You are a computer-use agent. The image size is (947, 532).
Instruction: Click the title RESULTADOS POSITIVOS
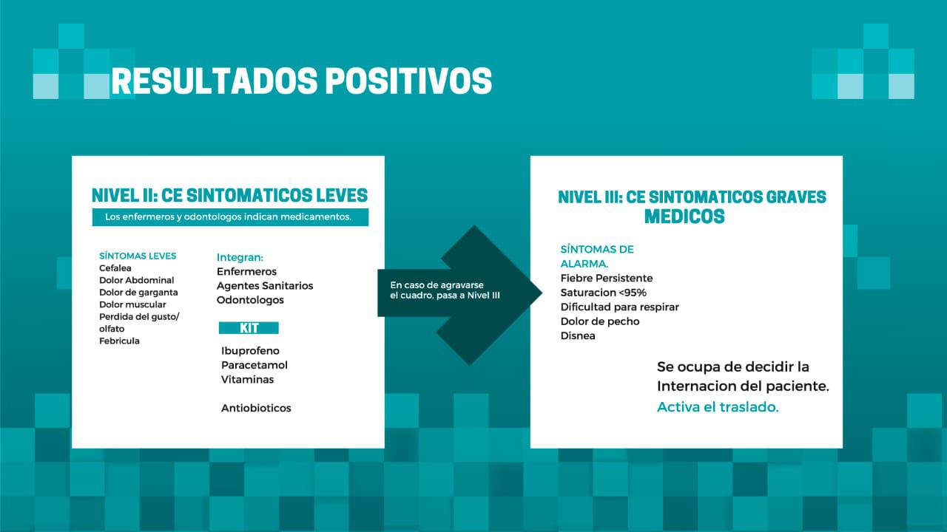pyautogui.click(x=301, y=81)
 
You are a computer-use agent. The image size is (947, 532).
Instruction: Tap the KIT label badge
pyautogui.click(x=249, y=328)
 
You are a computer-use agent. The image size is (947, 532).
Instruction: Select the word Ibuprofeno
pyautogui.click(x=250, y=351)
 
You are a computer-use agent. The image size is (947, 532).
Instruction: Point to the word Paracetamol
pyautogui.click(x=254, y=365)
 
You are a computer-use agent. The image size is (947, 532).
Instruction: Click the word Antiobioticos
pyautogui.click(x=256, y=408)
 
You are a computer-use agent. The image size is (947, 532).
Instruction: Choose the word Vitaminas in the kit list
pyautogui.click(x=247, y=379)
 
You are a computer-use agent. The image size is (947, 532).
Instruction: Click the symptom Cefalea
pyautogui.click(x=115, y=268)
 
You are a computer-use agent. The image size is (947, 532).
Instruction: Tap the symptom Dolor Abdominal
pyautogui.click(x=136, y=280)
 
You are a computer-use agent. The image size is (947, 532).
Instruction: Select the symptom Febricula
pyautogui.click(x=119, y=341)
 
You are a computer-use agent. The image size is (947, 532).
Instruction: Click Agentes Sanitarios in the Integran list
pyautogui.click(x=265, y=285)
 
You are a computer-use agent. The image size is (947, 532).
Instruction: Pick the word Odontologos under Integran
pyautogui.click(x=250, y=300)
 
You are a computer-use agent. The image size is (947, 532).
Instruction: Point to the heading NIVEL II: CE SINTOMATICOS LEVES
pyautogui.click(x=229, y=195)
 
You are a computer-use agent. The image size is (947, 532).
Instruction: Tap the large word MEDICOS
pyautogui.click(x=684, y=216)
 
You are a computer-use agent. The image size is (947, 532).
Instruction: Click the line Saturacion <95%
pyautogui.click(x=603, y=293)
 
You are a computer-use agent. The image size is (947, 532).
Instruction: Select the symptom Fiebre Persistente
pyautogui.click(x=607, y=278)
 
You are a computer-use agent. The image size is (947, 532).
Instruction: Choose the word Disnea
pyautogui.click(x=578, y=335)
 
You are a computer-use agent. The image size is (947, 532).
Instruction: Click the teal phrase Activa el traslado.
pyautogui.click(x=718, y=407)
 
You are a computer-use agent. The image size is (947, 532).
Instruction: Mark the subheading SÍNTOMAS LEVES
pyautogui.click(x=138, y=256)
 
